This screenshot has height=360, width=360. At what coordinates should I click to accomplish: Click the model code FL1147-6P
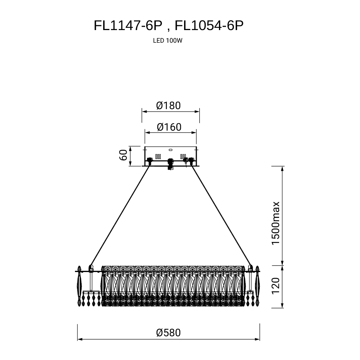(128, 26)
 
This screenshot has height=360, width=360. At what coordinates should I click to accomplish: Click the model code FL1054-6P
(209, 26)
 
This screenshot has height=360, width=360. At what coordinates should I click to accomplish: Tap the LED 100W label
(168, 40)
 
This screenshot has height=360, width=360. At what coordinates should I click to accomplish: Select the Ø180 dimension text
(168, 106)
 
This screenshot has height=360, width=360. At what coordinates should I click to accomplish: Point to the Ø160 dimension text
(169, 127)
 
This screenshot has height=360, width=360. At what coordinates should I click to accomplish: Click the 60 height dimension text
(123, 155)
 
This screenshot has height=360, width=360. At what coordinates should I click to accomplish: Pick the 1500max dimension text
(275, 223)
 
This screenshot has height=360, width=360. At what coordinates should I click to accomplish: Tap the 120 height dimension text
(275, 286)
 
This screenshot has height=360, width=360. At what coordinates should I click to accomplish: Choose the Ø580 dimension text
(168, 333)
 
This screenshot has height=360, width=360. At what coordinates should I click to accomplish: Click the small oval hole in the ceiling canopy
(170, 150)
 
